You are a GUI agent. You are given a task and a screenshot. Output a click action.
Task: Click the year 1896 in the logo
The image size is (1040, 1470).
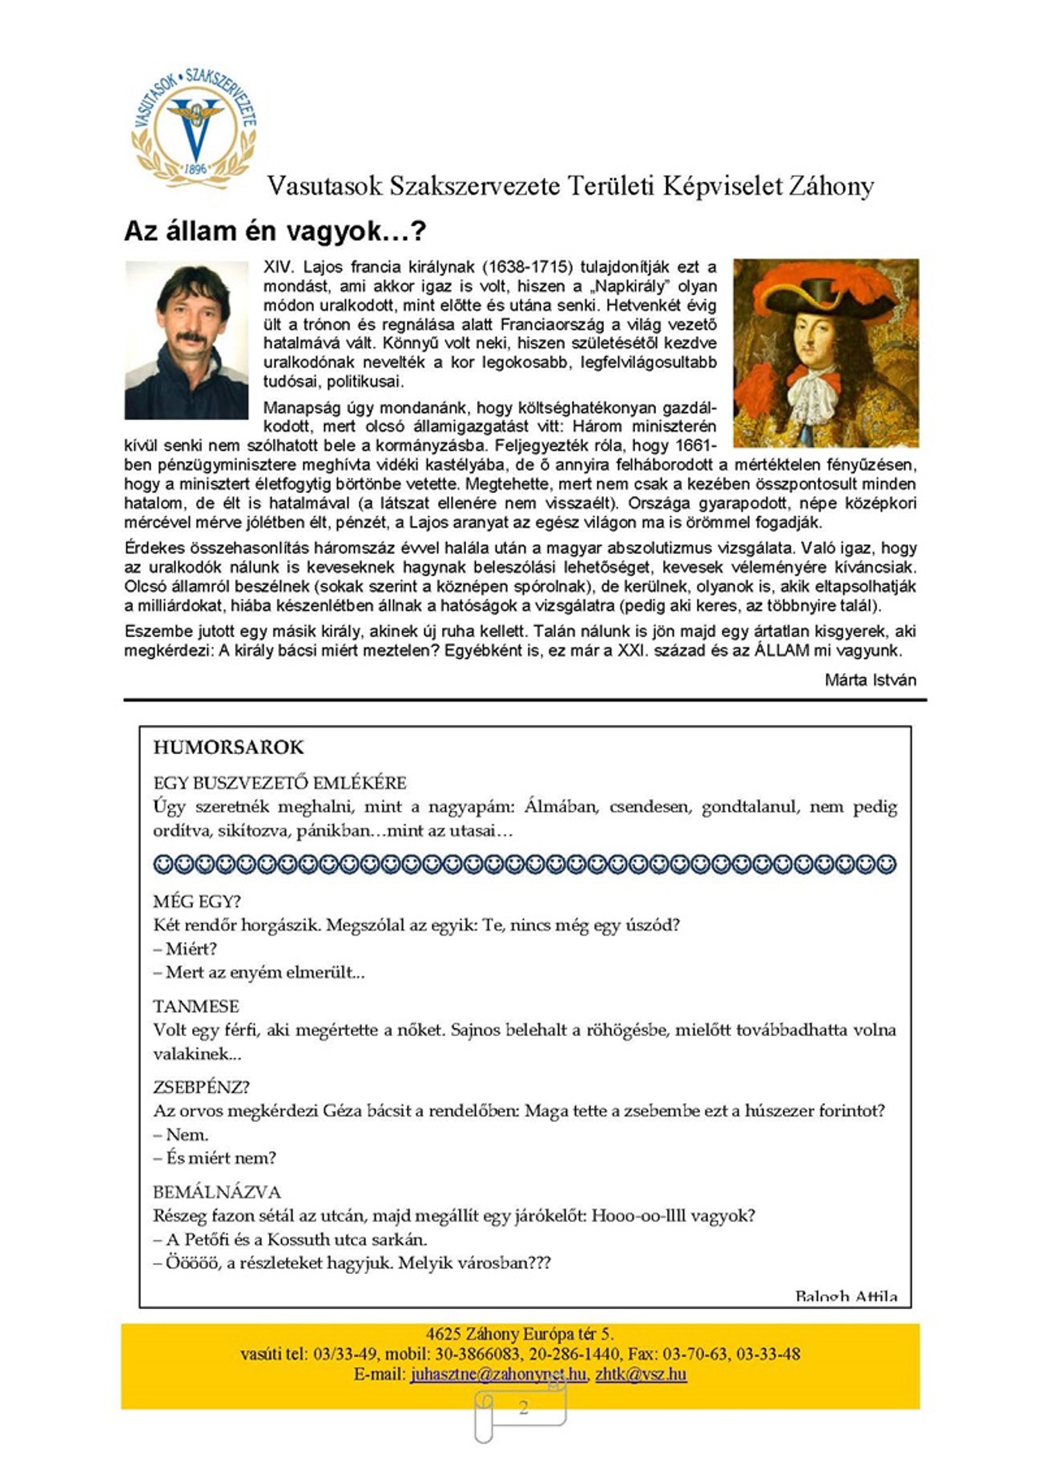tap(196, 168)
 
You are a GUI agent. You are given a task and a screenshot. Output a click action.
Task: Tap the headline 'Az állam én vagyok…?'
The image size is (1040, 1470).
tap(275, 231)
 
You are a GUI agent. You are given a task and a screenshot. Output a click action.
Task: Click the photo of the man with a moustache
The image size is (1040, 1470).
tap(186, 340)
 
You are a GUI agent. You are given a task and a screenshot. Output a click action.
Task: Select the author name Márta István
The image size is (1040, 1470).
tap(870, 680)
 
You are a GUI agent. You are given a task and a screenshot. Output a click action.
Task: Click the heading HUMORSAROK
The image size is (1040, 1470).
tap(228, 747)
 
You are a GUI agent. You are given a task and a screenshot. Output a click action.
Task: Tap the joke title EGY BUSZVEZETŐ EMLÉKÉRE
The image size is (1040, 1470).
tap(279, 783)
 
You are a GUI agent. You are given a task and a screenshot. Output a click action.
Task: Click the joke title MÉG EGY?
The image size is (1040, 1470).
tap(197, 901)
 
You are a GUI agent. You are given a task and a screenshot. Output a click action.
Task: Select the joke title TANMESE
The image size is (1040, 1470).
tap(196, 1006)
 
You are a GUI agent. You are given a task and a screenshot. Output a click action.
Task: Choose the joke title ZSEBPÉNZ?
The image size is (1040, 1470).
tap(201, 1087)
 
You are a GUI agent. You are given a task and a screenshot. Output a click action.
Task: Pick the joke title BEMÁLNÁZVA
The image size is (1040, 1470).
tap(217, 1192)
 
